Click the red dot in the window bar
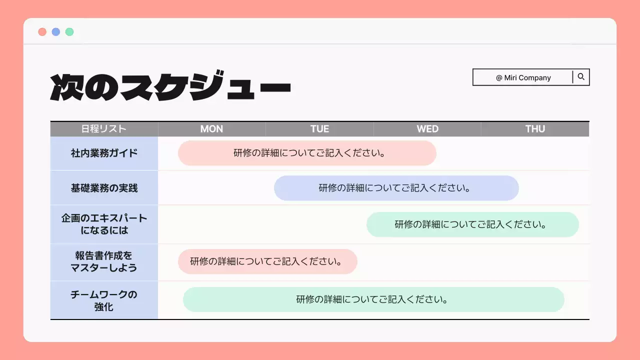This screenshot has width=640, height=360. (x=42, y=32)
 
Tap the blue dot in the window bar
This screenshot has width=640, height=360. (x=56, y=32)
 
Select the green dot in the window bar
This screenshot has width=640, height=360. (x=69, y=32)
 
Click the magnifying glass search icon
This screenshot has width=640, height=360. (x=581, y=77)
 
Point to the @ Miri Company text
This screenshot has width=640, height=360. (x=523, y=77)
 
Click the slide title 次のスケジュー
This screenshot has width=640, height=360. (x=170, y=88)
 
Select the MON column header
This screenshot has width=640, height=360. (x=211, y=129)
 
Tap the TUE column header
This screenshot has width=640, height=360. (x=319, y=129)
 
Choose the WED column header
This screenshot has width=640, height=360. (x=427, y=129)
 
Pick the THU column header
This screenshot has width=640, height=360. (x=535, y=129)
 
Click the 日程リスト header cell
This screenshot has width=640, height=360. (x=104, y=129)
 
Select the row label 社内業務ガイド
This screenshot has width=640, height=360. (x=104, y=153)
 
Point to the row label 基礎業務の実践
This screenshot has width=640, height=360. (x=104, y=188)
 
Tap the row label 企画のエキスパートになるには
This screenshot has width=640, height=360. (x=104, y=224)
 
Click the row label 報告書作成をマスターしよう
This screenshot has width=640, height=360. (x=104, y=261)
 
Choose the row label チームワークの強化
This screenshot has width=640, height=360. (x=104, y=300)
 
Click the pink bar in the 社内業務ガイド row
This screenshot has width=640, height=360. (x=307, y=153)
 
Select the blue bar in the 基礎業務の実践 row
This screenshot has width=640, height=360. (x=396, y=188)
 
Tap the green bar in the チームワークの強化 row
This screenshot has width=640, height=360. (x=373, y=299)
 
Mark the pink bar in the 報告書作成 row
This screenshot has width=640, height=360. (x=267, y=261)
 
